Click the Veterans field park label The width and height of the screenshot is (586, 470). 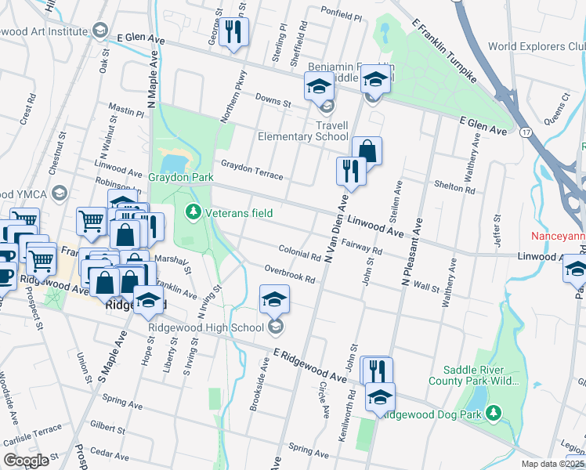241,212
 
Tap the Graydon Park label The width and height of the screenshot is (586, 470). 181,178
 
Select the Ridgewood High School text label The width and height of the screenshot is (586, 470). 206,327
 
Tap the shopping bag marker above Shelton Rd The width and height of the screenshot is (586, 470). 366,150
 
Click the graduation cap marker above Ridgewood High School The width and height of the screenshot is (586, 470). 274,298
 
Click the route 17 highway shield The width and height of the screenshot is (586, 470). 524,132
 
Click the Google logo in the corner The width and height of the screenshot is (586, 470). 26,460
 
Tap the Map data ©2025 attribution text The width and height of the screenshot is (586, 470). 552,464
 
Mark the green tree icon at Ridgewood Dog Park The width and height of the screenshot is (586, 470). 494,412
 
